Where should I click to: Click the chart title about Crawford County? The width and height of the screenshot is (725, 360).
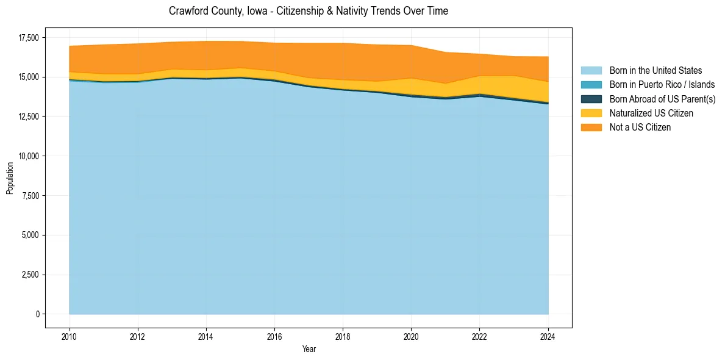click(309, 11)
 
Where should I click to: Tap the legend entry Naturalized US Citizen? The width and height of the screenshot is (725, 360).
click(651, 113)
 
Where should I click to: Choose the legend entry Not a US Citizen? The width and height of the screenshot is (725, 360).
click(640, 128)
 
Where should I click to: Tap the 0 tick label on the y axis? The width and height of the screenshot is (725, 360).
click(37, 314)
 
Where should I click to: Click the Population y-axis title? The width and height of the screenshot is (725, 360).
click(10, 178)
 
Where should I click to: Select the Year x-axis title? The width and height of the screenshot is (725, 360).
click(309, 349)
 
